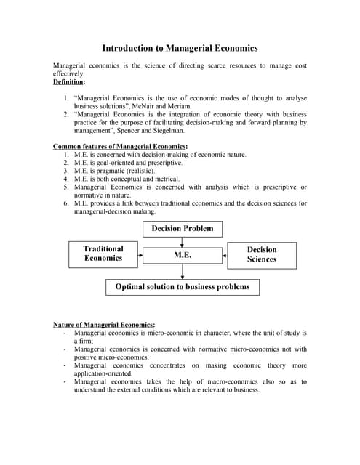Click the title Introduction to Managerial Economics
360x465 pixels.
point(180,48)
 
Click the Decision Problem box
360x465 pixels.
point(183,229)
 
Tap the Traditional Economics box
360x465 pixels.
point(103,253)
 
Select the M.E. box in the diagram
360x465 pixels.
point(182,255)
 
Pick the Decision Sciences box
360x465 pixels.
point(261,254)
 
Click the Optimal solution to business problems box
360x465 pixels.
point(182,287)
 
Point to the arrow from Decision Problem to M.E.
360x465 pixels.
point(183,243)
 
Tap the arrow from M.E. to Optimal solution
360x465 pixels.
point(183,271)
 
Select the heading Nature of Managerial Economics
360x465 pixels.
point(104,324)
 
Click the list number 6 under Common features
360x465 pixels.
point(66,203)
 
